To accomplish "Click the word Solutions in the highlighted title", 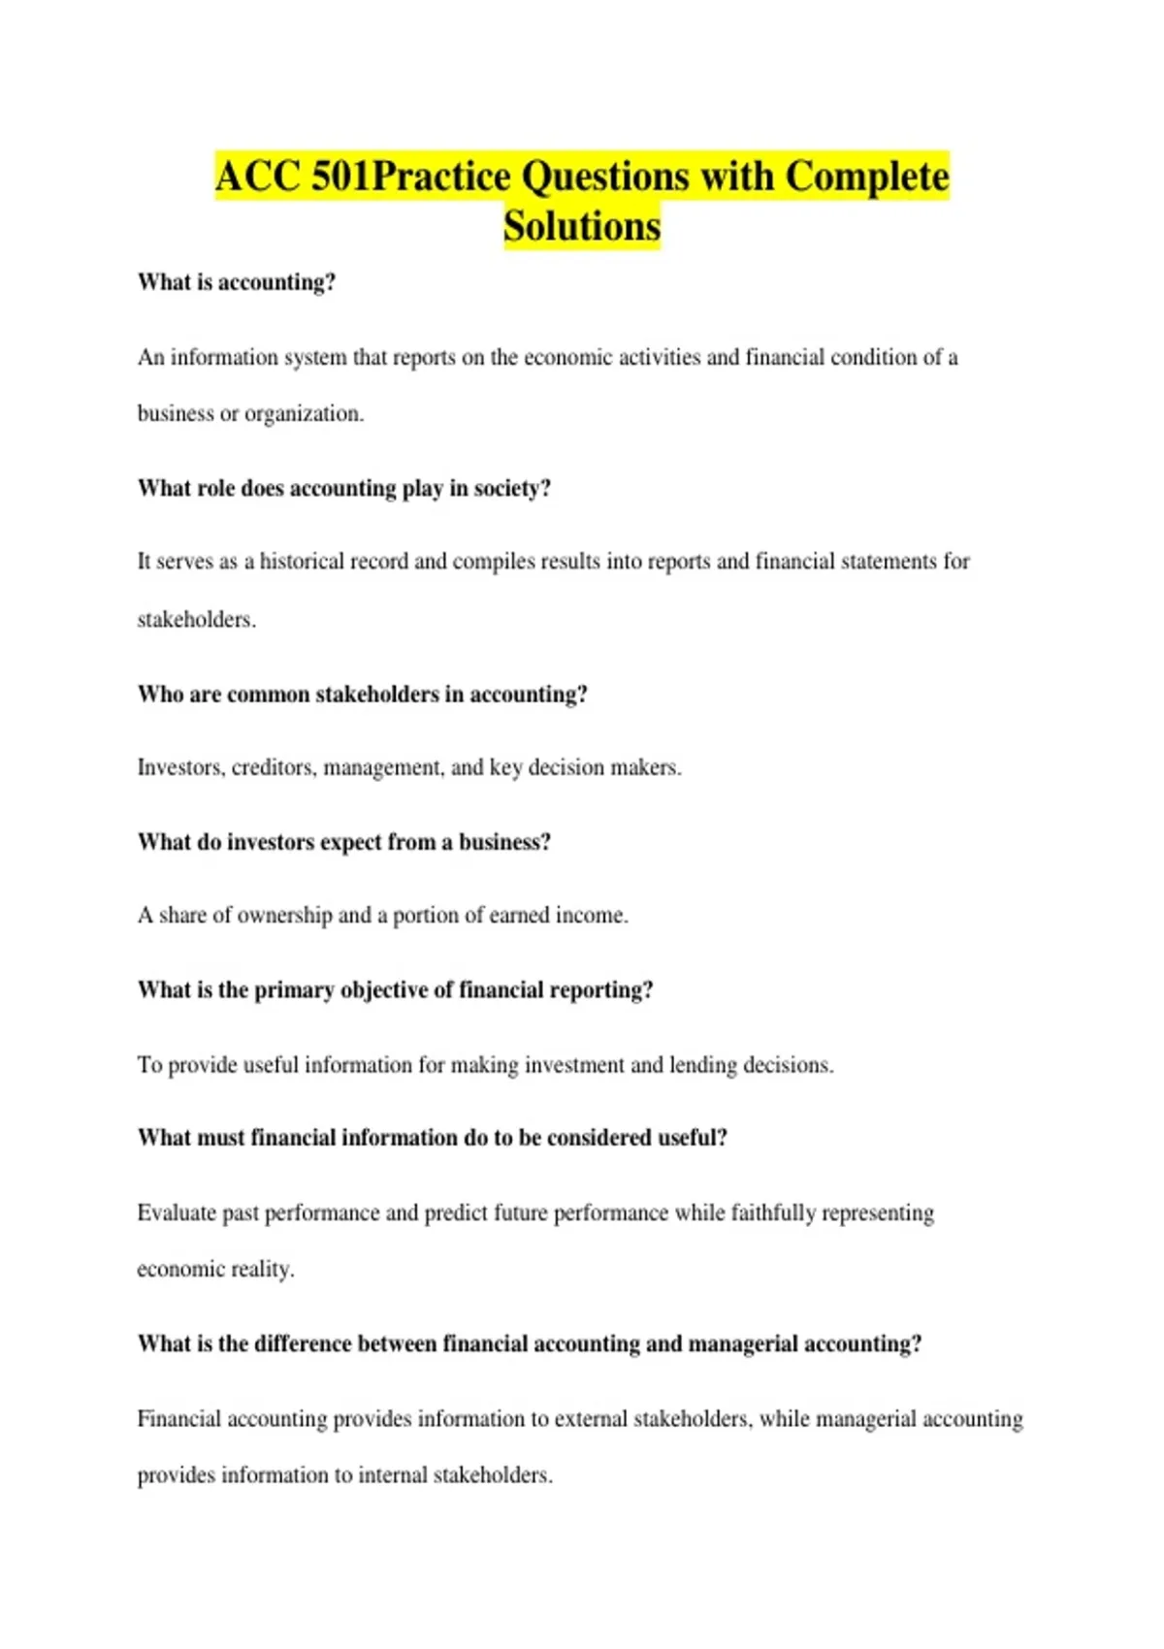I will tap(582, 226).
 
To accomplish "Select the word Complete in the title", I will tap(867, 177).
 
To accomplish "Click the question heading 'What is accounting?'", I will tap(237, 282).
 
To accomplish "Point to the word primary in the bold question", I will tap(294, 990).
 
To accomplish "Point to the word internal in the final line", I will tap(392, 1475).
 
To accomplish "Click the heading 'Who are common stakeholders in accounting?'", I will tap(362, 695).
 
